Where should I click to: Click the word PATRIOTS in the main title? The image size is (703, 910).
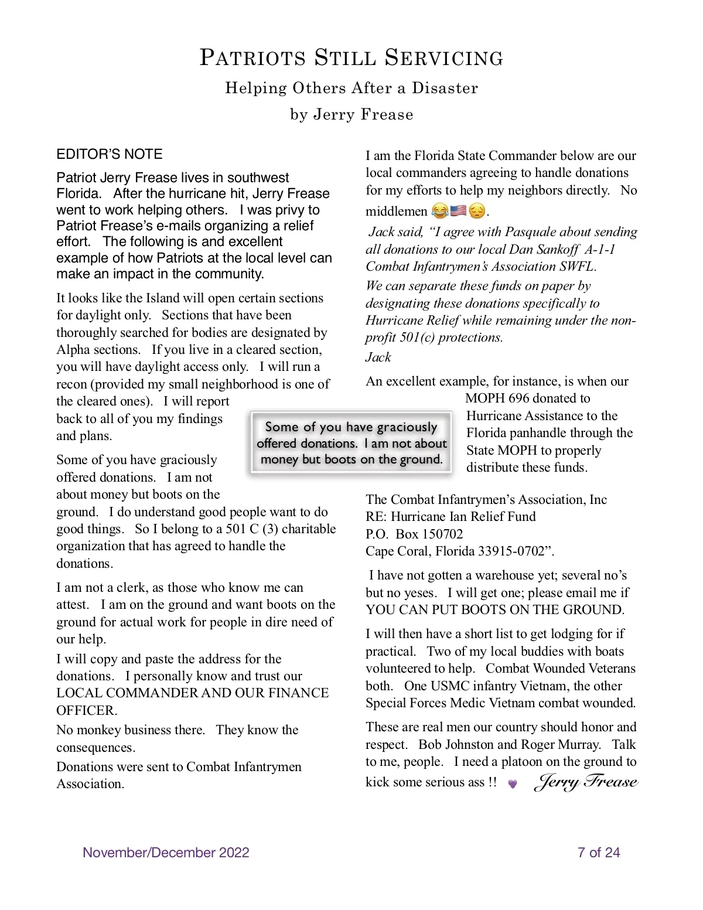coord(253,58)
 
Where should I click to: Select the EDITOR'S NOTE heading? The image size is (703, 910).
coord(109,154)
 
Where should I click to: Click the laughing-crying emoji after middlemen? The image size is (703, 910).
coord(439,210)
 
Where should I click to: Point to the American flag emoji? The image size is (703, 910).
coord(458,210)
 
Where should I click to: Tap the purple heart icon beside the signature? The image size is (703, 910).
coord(513,784)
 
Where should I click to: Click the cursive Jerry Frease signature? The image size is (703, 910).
coord(586,782)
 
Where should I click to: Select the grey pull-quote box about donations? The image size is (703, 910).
coord(351,443)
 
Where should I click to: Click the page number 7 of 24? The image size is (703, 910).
coord(598,853)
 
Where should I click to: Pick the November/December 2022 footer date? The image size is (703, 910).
coord(166,853)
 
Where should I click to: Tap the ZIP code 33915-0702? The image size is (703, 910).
coord(511,551)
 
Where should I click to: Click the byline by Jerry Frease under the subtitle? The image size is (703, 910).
coord(351,114)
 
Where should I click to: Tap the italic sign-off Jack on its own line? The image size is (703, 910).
coord(378,357)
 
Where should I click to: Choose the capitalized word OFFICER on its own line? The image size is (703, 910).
coord(86,711)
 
